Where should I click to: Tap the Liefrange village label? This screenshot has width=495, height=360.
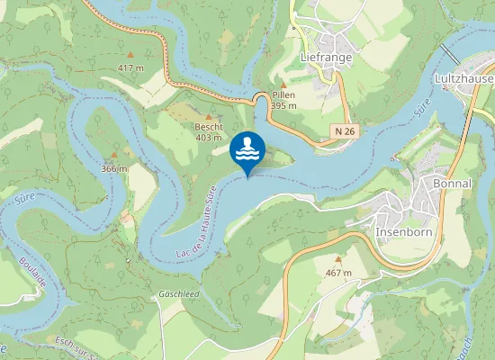click(x=325, y=57)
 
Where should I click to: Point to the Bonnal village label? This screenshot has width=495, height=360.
click(x=452, y=183)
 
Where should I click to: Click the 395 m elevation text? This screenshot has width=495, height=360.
click(x=283, y=105)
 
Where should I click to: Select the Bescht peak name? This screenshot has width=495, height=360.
click(x=209, y=127)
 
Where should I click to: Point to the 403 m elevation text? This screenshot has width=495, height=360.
click(x=209, y=138)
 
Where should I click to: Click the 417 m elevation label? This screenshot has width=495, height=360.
click(x=130, y=67)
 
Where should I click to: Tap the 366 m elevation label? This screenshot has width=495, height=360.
click(x=114, y=168)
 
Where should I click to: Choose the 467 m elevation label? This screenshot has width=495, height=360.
click(x=337, y=272)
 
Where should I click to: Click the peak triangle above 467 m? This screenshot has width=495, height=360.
click(x=337, y=258)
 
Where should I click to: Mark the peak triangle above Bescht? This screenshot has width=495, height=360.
click(x=209, y=116)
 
